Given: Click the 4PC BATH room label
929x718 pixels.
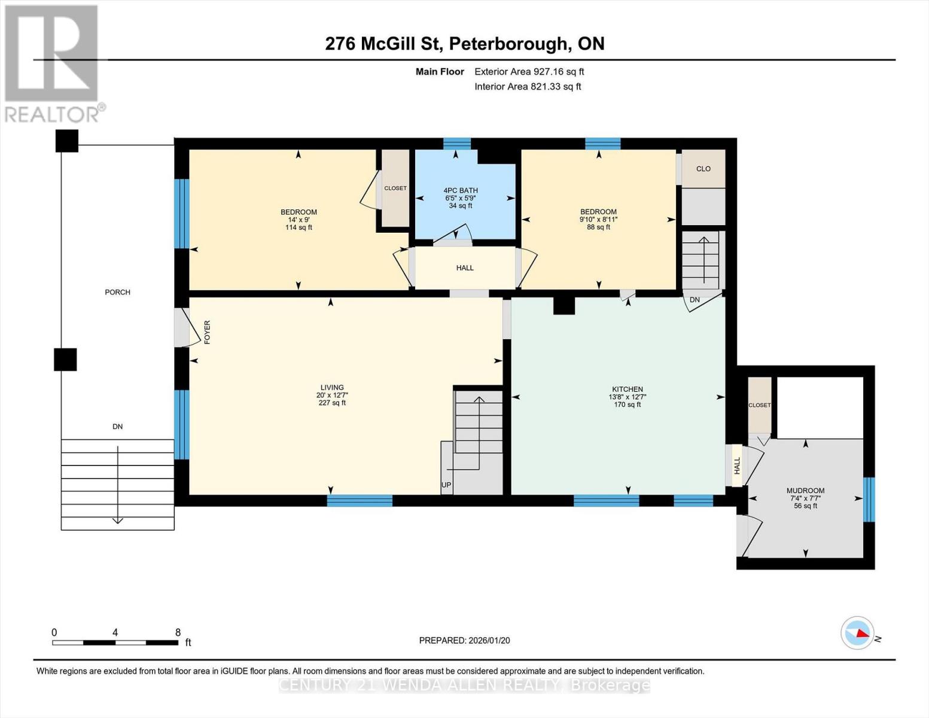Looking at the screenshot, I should [x=461, y=191].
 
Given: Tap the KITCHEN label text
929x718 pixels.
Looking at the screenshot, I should [x=627, y=389].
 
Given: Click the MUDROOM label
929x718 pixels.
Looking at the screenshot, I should [x=805, y=491].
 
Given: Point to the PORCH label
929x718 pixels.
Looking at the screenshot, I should [x=117, y=292].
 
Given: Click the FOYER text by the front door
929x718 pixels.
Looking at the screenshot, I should [x=208, y=332].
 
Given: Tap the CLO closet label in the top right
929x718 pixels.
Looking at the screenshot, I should [x=703, y=169].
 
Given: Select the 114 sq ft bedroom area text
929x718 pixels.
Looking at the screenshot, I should [x=299, y=227].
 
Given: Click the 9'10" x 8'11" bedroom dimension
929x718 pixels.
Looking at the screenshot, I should [x=598, y=220].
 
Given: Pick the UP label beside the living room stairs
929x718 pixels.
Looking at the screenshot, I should [x=446, y=485].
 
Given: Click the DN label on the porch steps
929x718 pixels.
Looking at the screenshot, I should [x=117, y=427].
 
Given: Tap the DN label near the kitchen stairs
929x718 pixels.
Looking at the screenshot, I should [x=695, y=300].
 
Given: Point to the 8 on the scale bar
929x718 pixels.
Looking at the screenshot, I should [x=178, y=632].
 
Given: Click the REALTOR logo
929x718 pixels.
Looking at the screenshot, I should [x=53, y=63].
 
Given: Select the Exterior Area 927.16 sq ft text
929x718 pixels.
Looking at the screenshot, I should [x=529, y=72].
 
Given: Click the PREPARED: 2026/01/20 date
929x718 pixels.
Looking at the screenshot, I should [x=464, y=640].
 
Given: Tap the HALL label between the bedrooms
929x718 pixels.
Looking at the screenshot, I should [x=465, y=268].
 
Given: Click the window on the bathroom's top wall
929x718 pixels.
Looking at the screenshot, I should [x=456, y=143].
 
